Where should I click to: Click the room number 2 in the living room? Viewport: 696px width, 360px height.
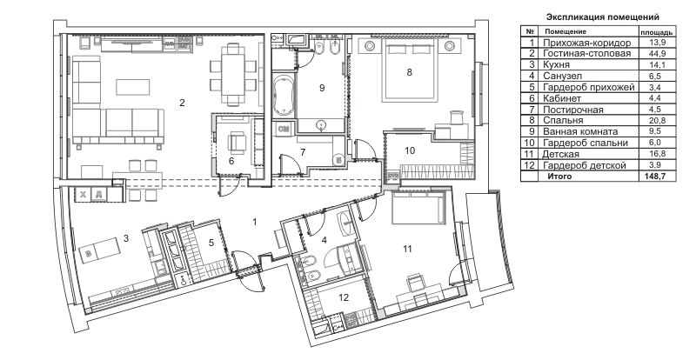click(x=182, y=103)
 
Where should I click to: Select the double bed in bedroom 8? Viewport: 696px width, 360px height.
click(x=408, y=69)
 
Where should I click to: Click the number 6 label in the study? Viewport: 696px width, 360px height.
click(x=231, y=161)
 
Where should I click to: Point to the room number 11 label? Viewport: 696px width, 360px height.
click(x=407, y=249)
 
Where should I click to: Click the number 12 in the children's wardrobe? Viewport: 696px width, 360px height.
click(x=344, y=297)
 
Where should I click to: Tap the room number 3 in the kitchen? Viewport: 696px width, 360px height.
click(x=126, y=238)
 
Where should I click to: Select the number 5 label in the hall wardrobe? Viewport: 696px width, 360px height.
click(x=211, y=243)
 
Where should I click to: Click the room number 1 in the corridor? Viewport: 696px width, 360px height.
click(x=255, y=222)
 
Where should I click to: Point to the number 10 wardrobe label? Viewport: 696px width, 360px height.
click(x=410, y=150)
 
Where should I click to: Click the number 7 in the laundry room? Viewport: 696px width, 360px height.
click(x=303, y=152)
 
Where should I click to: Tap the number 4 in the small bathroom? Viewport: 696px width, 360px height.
click(x=324, y=240)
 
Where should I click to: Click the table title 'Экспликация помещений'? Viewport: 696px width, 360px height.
click(x=602, y=17)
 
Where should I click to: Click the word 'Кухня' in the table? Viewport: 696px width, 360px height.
click(x=556, y=65)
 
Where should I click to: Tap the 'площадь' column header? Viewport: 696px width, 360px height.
click(x=656, y=32)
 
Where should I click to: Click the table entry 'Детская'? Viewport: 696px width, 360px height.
click(x=560, y=154)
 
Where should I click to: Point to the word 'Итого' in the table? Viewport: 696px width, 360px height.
click(x=559, y=177)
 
